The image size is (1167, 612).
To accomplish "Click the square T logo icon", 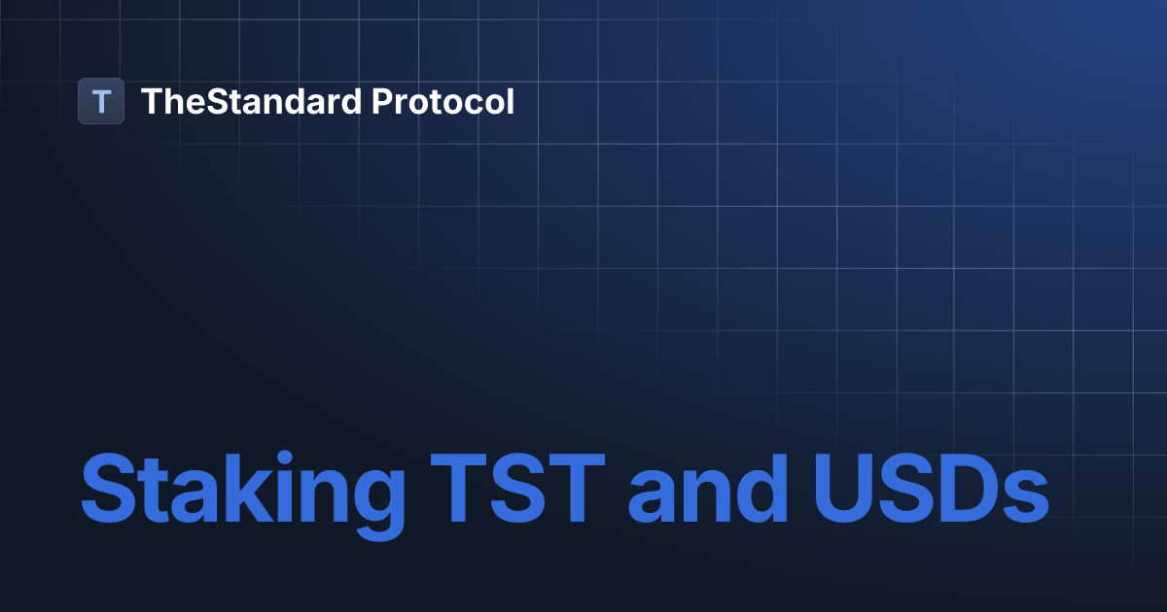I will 101,101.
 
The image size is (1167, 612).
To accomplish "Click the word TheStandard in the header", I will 252,101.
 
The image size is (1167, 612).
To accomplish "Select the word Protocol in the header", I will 443,101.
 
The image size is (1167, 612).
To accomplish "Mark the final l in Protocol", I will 509,101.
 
